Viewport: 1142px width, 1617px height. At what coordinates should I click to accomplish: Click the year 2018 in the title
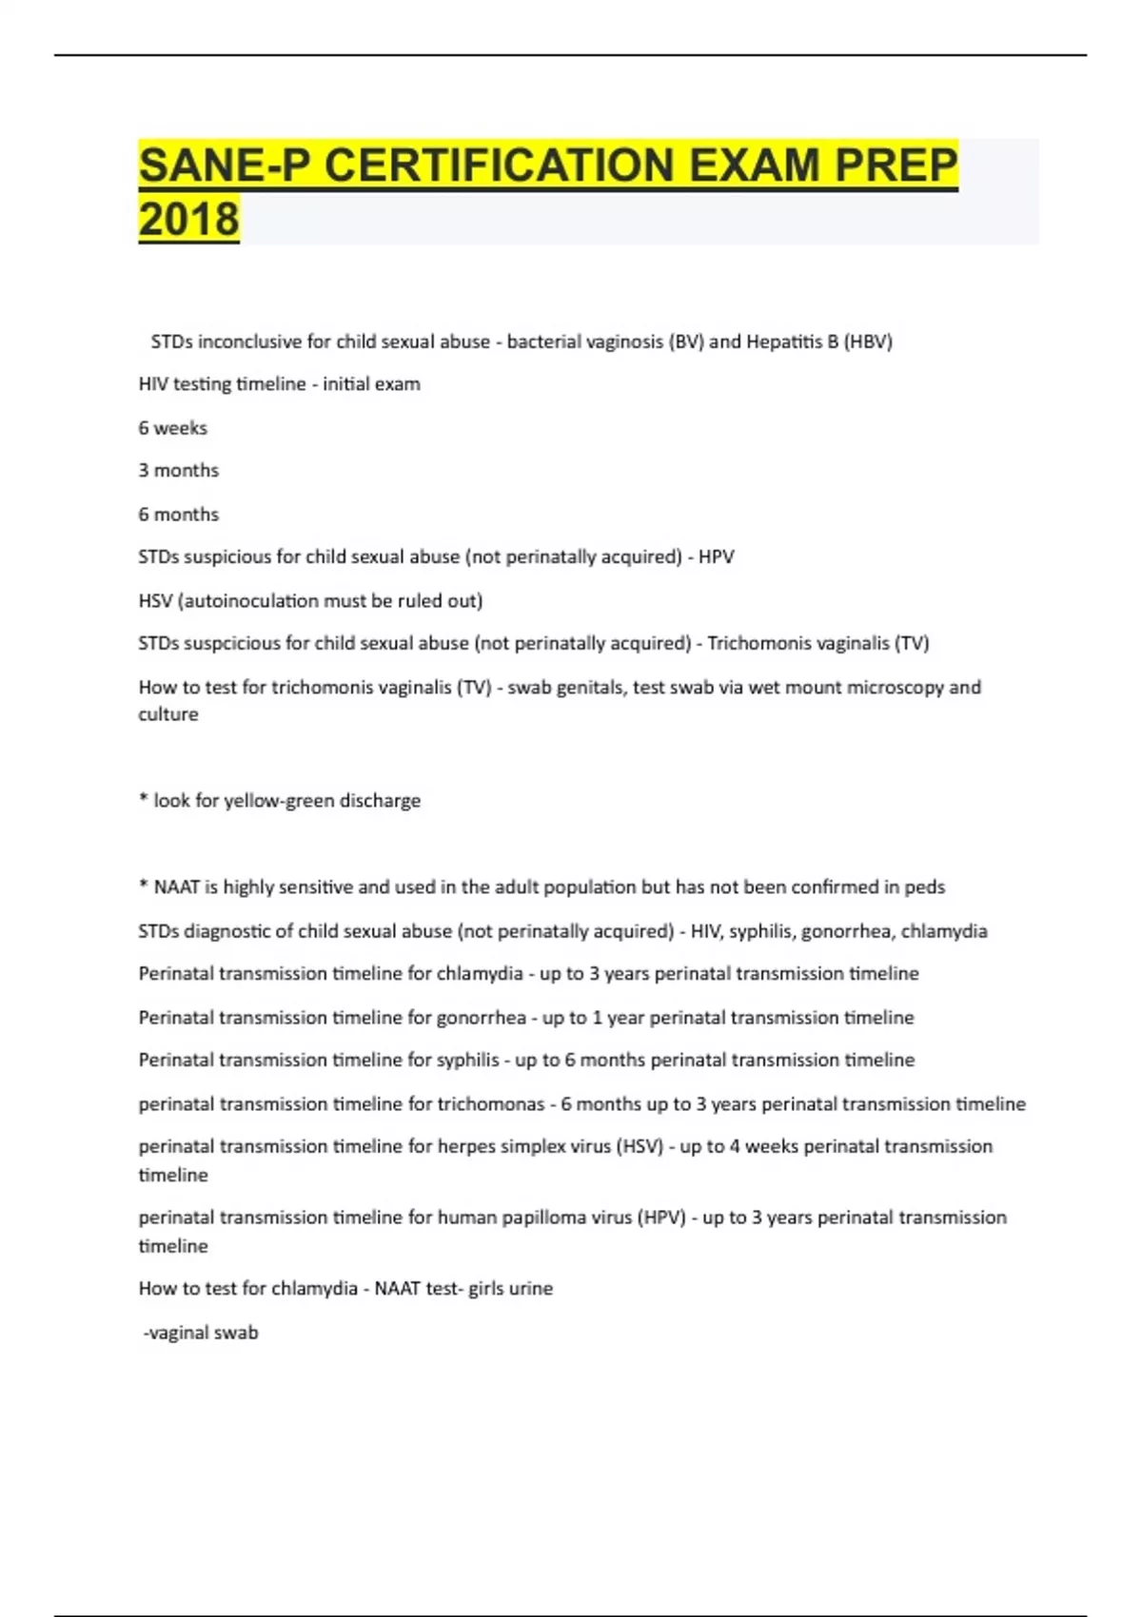pyautogui.click(x=188, y=219)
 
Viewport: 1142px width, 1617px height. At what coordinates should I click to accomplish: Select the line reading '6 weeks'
pyautogui.click(x=172, y=428)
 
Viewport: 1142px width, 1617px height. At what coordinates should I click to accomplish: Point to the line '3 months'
pyautogui.click(x=178, y=471)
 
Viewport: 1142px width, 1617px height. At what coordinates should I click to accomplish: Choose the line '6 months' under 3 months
pyautogui.click(x=178, y=515)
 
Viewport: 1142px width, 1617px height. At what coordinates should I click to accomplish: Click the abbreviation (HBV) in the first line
pyautogui.click(x=868, y=341)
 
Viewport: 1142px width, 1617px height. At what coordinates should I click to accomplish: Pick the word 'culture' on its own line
pyautogui.click(x=168, y=714)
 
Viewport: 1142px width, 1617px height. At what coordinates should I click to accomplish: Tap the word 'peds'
pyautogui.click(x=924, y=887)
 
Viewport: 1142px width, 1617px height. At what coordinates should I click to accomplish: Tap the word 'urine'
pyautogui.click(x=530, y=1289)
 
